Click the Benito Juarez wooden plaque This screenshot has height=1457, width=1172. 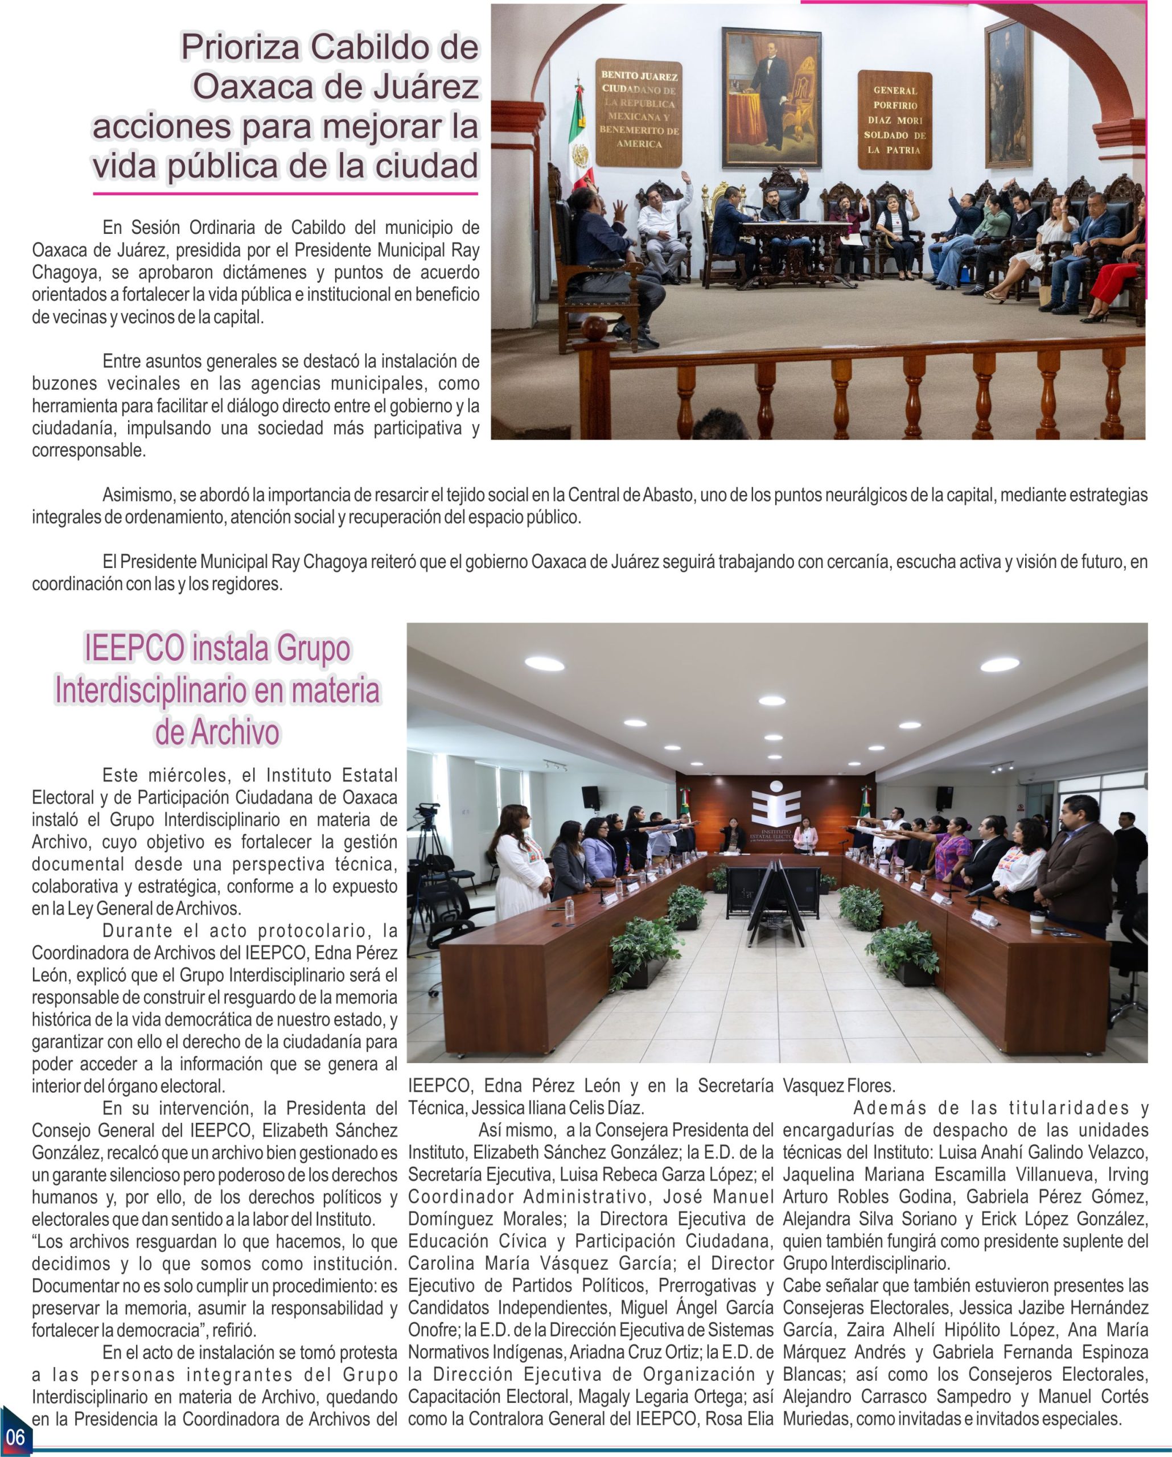(638, 112)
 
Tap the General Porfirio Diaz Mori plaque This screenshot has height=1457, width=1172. (894, 120)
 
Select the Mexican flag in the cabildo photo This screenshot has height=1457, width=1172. (578, 138)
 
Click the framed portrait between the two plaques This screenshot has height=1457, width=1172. (771, 98)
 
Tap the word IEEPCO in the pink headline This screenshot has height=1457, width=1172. (133, 648)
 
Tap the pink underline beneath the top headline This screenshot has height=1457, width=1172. (285, 194)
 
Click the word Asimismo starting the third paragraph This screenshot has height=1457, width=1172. (138, 495)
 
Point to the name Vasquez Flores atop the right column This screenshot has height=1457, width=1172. (838, 1086)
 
